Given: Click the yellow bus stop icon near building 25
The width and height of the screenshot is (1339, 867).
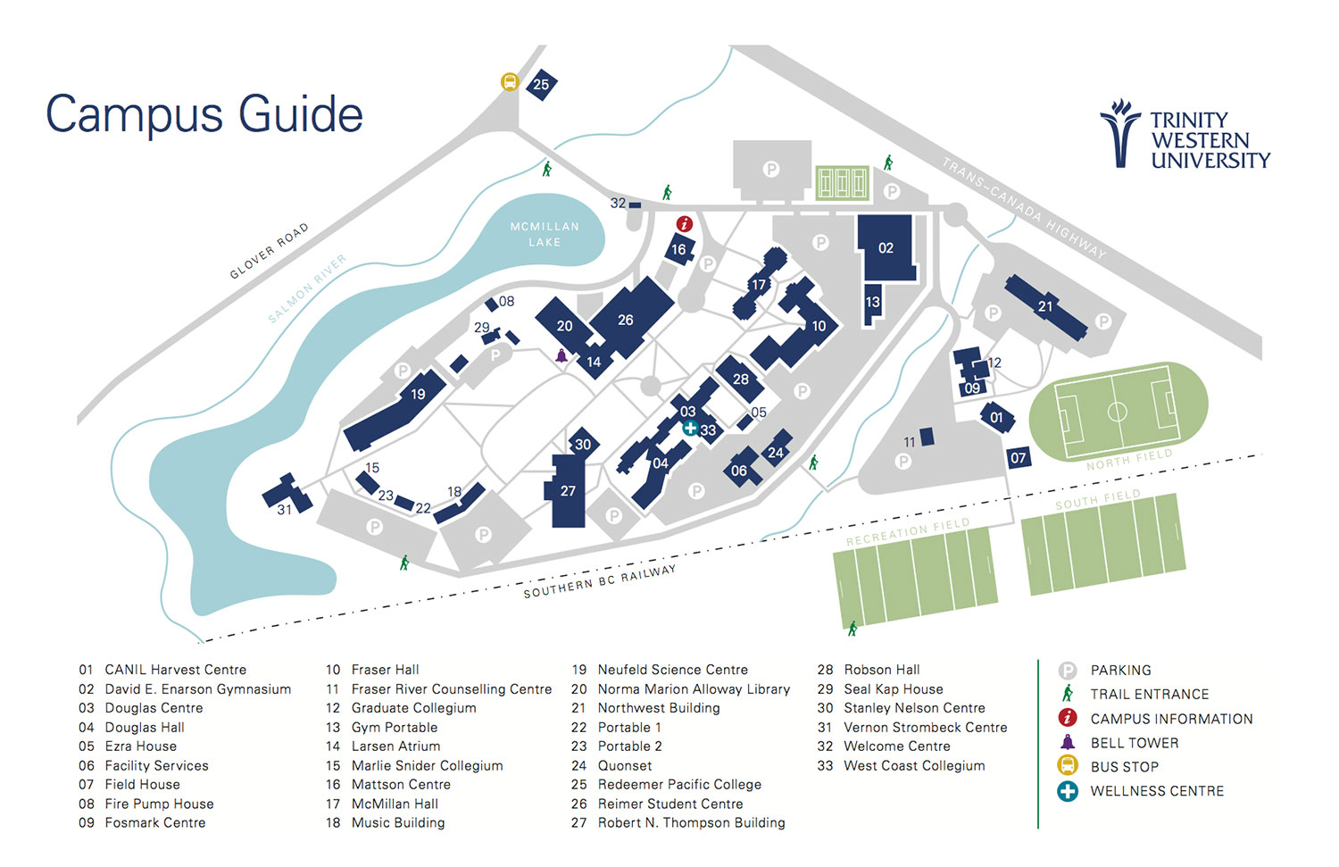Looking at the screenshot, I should point(510,82).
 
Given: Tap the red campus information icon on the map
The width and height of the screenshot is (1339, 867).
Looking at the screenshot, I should point(685,223).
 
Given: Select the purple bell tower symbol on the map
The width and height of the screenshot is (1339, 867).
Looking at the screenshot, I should point(561,356).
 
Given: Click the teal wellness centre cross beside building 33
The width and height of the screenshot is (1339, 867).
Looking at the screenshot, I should point(690,428).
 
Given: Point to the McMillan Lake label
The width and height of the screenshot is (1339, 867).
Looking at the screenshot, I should point(545,234).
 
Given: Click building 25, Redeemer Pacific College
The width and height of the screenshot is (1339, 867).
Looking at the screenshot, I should point(541,85).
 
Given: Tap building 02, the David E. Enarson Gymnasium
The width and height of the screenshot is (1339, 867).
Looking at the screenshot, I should point(886,247).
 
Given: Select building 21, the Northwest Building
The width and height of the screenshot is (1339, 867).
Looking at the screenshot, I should point(1045,306).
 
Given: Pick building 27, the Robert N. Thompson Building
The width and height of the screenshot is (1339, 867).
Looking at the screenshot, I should point(569,492).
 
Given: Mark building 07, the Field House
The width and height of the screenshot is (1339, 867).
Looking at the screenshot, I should point(1019,458).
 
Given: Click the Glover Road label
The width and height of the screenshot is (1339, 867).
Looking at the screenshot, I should point(269,251).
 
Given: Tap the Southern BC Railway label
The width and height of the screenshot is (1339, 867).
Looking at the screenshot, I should point(599,581).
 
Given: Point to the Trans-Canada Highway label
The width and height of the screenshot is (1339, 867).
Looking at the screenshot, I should point(1024,208).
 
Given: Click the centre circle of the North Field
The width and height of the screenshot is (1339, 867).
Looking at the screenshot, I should point(1117,412).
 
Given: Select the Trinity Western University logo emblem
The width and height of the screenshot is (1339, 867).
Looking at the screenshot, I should point(1119,134).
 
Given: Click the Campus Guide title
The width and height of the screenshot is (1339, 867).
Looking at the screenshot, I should point(204,114).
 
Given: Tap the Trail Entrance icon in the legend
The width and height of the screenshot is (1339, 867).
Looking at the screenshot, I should point(1068,694).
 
